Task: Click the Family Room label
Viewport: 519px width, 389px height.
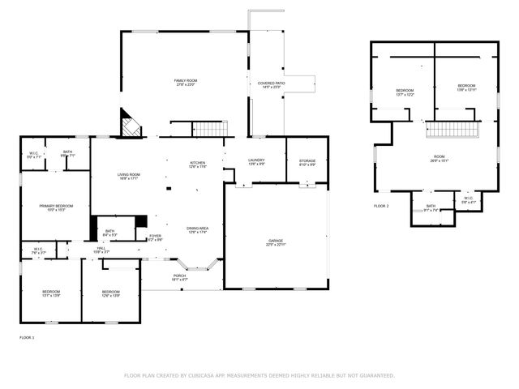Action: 186,81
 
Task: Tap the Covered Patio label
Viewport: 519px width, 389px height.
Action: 271,83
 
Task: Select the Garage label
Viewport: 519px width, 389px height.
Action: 276,240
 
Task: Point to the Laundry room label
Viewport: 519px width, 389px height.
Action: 256,161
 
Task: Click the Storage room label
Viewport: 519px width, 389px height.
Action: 307,161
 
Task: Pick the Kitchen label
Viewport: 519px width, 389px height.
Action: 198,163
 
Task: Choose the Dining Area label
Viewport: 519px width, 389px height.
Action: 198,229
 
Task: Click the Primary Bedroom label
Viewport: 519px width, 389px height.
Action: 57,207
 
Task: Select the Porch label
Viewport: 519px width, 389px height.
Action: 179,276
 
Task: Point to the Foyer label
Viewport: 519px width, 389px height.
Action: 155,236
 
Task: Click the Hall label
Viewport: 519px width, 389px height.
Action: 101,248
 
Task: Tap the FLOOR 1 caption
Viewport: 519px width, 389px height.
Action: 27,336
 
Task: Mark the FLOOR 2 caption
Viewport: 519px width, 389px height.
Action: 381,207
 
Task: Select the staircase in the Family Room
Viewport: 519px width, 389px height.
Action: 210,128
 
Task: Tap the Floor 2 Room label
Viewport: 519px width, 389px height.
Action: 439,157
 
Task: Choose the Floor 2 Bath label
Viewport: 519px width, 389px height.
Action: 431,206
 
